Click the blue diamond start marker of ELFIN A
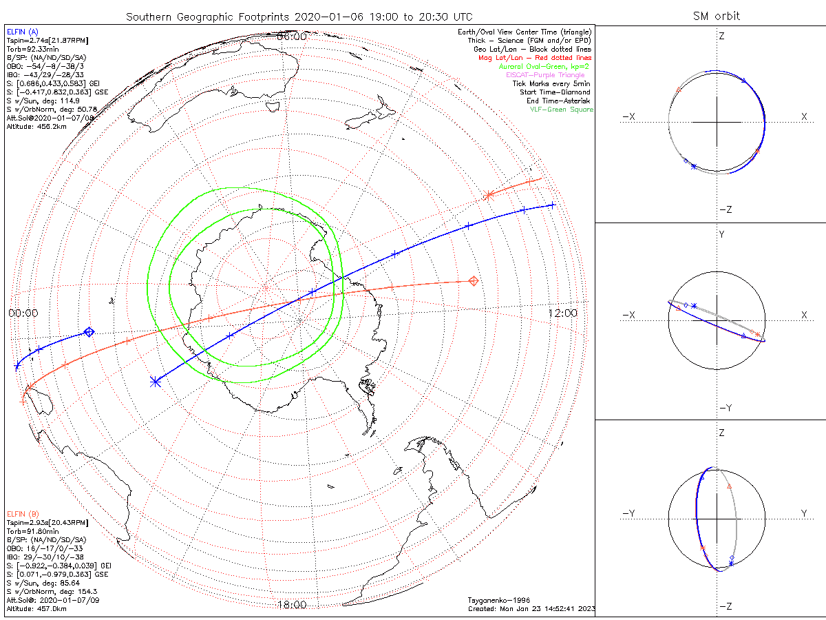pos(89,332)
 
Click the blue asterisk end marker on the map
pos(156,381)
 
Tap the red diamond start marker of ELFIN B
pos(474,280)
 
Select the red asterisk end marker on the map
pos(489,195)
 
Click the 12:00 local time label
pos(562,313)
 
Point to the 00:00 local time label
pos(23,313)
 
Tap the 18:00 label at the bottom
pos(291,605)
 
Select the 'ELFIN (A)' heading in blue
pos(23,32)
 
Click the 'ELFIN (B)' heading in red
pos(23,514)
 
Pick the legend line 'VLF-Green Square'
pos(561,110)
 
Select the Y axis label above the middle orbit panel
pos(721,235)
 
